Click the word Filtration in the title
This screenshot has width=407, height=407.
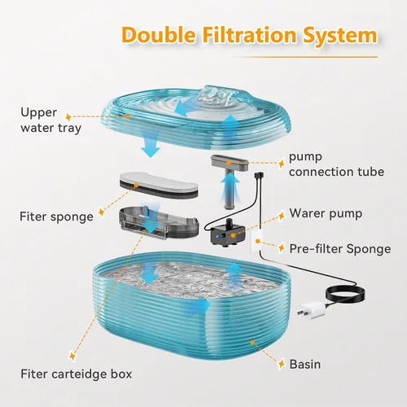[x=249, y=35]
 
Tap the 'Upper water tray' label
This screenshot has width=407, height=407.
[x=50, y=120]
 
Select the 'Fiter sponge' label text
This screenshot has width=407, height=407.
[x=56, y=217]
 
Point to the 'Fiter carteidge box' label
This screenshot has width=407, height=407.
[x=77, y=374]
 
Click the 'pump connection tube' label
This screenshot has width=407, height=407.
[x=336, y=164]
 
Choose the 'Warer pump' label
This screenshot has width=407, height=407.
[x=326, y=213]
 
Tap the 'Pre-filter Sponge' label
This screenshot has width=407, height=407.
[x=340, y=249]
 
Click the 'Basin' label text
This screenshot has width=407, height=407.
[x=305, y=365]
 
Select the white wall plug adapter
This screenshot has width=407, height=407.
[x=312, y=309]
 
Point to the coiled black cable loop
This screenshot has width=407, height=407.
[x=345, y=295]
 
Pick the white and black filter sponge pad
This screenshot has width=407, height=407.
[x=159, y=186]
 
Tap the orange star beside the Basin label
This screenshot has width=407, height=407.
[x=282, y=363]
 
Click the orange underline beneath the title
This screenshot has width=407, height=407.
[x=304, y=57]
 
